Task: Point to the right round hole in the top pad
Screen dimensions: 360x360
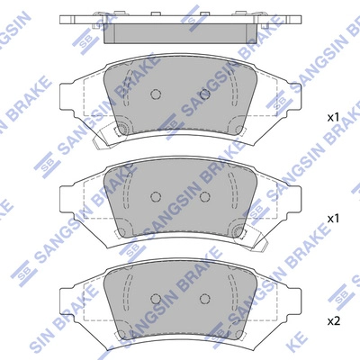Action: (204, 94)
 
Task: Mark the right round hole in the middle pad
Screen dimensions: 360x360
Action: (204, 196)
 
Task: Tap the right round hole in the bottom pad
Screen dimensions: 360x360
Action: (204, 298)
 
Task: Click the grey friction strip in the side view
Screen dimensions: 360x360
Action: (179, 34)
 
